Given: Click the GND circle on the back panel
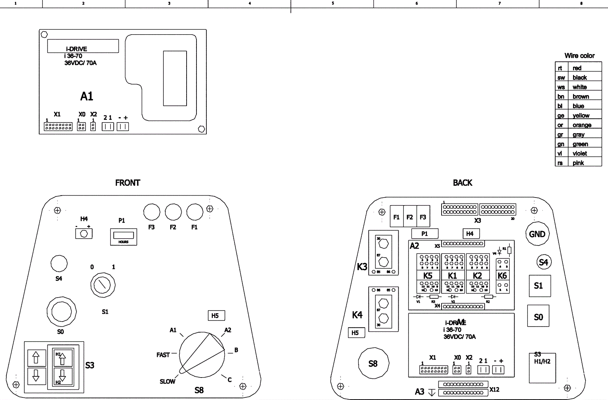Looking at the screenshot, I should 537,234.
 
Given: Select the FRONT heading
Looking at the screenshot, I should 128,183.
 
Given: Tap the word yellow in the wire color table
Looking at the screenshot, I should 581,115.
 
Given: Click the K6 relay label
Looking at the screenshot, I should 502,276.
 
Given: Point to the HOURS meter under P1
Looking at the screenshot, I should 123,237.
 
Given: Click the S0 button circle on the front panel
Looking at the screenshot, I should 61,312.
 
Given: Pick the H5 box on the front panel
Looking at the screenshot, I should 215,316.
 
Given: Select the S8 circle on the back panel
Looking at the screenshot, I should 374,363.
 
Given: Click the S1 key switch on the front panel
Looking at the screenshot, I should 103,285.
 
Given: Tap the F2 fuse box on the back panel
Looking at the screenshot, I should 410,217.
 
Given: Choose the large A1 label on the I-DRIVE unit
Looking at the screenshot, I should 87,96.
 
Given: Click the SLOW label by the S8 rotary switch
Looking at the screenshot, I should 167,381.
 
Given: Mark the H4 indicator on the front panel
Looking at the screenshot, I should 84,234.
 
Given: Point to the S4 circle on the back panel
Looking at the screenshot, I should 543,262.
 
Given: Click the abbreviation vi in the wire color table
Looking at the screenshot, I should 560,153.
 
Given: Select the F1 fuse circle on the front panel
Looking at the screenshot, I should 195,212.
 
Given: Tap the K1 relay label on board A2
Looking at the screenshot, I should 452,276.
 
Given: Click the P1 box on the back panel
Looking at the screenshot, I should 424,234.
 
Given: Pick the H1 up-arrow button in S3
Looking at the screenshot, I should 63,358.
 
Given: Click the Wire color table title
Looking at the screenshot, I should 579,56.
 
